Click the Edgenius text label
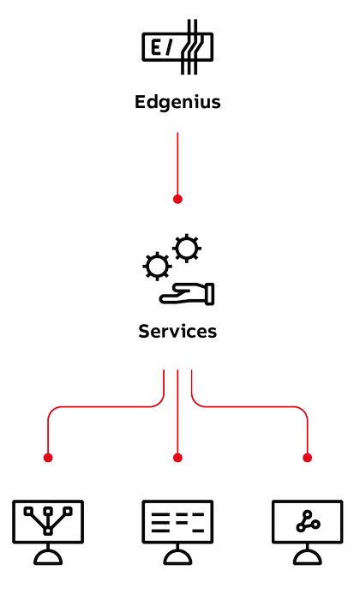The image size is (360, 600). point(177,103)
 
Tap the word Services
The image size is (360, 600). point(177,332)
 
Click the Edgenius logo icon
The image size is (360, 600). point(177,46)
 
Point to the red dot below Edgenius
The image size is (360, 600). point(177,199)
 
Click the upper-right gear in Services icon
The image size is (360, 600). point(187,248)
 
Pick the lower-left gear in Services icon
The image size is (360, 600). point(157,267)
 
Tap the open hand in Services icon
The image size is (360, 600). point(187,294)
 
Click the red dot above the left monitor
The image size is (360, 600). point(48,458)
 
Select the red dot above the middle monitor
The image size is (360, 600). point(177,458)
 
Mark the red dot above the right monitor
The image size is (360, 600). point(307,458)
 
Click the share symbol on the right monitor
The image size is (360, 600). point(308,521)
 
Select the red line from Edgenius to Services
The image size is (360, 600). point(177,164)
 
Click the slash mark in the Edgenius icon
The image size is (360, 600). point(168,47)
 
